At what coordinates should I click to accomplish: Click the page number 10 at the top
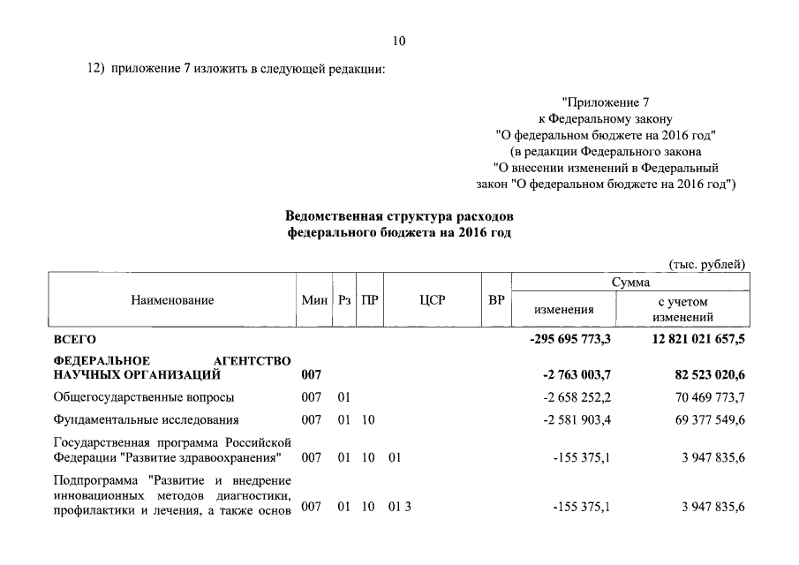pos(399,41)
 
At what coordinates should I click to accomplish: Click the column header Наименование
pos(172,301)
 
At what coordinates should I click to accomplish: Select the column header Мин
pos(314,301)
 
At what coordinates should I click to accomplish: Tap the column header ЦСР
pos(432,301)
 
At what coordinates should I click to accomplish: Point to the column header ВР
pos(496,301)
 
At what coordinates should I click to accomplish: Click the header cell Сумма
pos(630,282)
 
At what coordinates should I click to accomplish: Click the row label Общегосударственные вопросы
pos(144,397)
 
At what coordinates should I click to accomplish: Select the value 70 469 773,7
pos(703,397)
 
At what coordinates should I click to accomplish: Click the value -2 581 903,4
pos(577,419)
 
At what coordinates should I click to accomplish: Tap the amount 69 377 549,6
pos(703,419)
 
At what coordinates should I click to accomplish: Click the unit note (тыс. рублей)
pos(706,264)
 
